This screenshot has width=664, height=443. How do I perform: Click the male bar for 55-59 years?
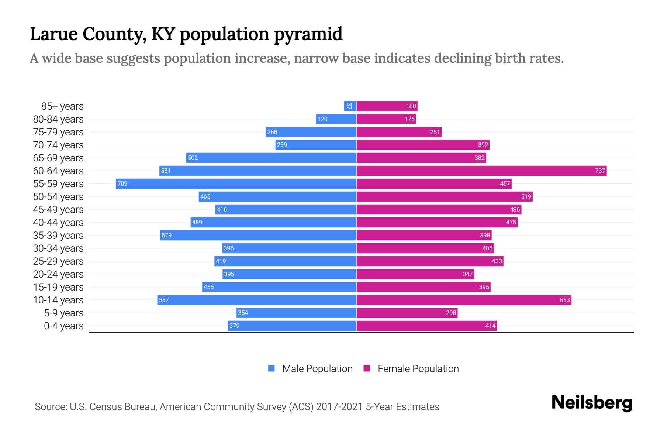coord(236,183)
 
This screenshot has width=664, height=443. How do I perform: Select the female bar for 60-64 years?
coord(481,171)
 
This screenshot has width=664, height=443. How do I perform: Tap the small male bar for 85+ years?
coord(350,106)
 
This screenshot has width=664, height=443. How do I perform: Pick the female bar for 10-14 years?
coord(464,300)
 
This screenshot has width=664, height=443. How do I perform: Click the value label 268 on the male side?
coord(272,132)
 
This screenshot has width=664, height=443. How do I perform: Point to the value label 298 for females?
coord(451,313)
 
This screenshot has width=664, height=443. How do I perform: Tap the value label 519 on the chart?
coord(526,196)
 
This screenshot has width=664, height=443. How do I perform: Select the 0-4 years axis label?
coord(63,326)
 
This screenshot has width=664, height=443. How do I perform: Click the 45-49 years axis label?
coord(58,210)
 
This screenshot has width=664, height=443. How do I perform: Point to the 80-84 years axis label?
coord(58,119)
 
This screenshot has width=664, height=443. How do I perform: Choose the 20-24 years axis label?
coord(58,274)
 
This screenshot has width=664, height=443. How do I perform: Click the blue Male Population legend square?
coord(272,368)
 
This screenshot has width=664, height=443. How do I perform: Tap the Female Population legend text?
coord(418,368)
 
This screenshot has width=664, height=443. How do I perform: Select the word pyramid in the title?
coord(308,34)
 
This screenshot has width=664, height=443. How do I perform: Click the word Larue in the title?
coord(54,34)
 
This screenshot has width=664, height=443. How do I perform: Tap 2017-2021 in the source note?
coord(339,406)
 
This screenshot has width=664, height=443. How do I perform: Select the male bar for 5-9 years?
coord(296,313)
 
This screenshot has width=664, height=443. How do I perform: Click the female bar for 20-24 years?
coord(415,274)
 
